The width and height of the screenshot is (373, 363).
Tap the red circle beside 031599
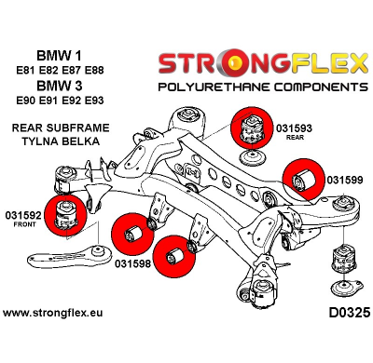[x=305, y=177]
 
